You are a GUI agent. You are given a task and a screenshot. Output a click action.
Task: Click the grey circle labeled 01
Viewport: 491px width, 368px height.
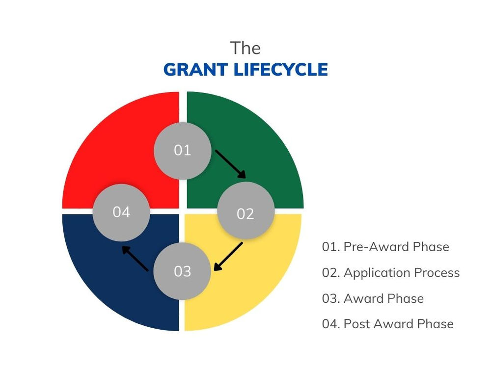coord(183,151)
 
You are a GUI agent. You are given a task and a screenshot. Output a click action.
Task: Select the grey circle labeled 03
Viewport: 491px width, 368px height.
coord(182,271)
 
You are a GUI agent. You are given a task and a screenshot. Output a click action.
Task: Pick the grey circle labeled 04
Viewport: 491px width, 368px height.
coord(121,212)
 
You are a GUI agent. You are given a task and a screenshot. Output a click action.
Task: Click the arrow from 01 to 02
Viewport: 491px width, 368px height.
coord(230,164)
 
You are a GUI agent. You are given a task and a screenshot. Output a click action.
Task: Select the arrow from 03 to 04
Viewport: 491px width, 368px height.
coord(136,259)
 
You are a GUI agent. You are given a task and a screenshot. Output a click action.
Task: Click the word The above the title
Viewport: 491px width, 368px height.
coord(245,48)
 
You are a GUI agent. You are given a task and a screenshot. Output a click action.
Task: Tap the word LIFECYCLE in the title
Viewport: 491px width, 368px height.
coord(280,70)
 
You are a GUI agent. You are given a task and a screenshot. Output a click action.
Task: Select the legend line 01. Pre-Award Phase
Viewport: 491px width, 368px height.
coord(385,246)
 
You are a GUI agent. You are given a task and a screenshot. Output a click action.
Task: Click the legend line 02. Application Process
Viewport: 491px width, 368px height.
coord(391,272)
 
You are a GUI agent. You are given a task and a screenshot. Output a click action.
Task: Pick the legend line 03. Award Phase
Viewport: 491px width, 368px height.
coord(373,298)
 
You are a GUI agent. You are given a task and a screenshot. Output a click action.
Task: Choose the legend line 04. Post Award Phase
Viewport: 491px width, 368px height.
coord(388,324)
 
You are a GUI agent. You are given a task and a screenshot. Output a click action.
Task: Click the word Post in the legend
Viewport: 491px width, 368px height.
coord(357,324)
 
